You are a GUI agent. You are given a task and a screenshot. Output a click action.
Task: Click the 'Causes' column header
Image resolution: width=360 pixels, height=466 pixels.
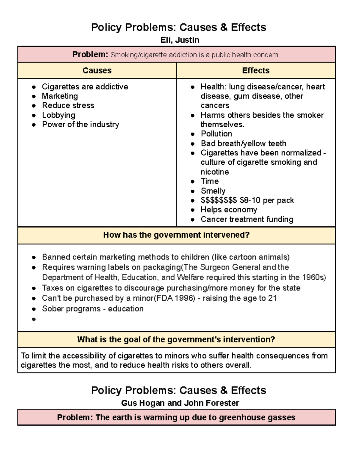97,71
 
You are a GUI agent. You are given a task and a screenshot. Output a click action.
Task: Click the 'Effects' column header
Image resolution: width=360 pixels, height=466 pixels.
256,71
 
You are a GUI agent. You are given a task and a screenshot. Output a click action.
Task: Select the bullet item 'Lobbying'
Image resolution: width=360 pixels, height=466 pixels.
58,115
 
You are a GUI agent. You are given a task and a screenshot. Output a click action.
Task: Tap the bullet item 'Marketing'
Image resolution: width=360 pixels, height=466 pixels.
60,96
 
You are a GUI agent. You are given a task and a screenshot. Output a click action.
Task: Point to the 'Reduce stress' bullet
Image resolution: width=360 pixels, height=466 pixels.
68,105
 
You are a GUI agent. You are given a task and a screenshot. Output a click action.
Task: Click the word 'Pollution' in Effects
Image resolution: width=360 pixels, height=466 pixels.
216,134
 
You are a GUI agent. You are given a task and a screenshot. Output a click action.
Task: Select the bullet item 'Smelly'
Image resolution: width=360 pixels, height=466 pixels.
213,191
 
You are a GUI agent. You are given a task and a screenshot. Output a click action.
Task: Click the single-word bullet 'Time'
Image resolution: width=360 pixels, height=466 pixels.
210,181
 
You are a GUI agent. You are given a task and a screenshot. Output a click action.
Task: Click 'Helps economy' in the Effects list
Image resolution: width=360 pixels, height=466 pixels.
229,210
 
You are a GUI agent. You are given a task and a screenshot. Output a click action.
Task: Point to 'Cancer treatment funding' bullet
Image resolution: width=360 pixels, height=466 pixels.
247,219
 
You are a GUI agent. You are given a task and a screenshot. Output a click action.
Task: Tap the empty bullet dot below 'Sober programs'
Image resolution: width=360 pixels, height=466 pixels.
34,319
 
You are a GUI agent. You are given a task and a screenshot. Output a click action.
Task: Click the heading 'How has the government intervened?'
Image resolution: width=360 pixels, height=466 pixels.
176,235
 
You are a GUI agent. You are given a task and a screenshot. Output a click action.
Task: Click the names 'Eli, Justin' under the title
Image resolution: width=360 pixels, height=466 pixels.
180,40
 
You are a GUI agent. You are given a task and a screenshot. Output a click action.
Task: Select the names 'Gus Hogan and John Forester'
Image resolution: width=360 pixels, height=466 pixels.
180,403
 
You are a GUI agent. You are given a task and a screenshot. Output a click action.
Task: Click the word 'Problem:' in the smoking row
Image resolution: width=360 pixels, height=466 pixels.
90,55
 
